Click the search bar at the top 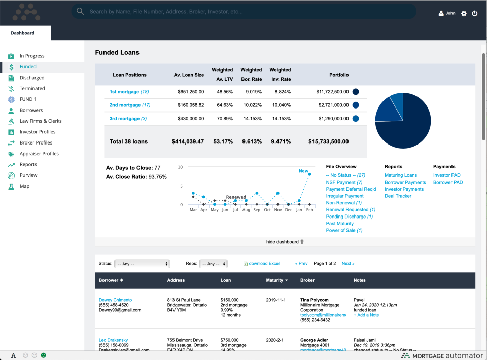(243, 11)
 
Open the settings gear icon (464, 14)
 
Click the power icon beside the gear (475, 14)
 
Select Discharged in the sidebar (32, 78)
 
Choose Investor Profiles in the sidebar (38, 132)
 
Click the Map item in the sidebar (24, 186)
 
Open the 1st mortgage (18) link (129, 92)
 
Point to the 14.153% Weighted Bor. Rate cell (251, 119)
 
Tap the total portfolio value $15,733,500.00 (328, 142)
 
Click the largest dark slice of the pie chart (406, 127)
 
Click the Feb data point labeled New (309, 174)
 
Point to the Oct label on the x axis (267, 209)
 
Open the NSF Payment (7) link (344, 182)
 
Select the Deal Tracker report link (398, 196)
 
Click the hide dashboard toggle (285, 242)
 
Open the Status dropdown (142, 264)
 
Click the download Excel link (264, 264)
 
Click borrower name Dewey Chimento (115, 300)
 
